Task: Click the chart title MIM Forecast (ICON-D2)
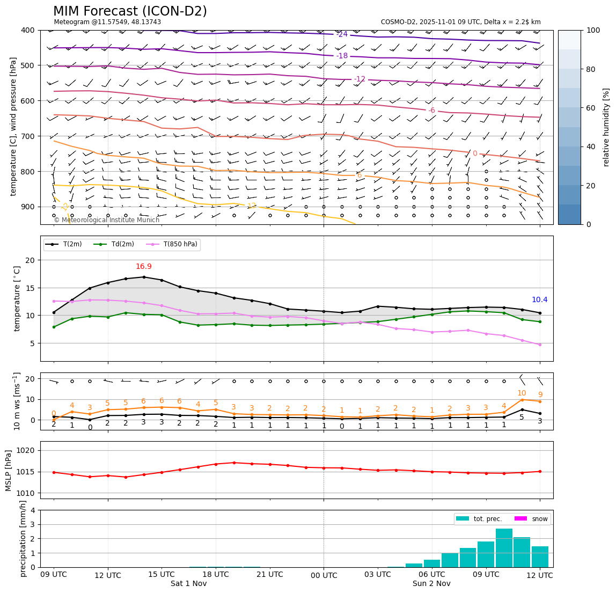(x=130, y=11)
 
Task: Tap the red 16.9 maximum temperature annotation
(x=143, y=267)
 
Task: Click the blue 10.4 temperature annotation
(x=539, y=300)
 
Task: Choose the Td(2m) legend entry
(x=116, y=245)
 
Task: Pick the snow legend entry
(x=532, y=519)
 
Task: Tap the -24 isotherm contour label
(x=342, y=34)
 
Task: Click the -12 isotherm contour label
(x=360, y=79)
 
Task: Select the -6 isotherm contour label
(x=431, y=110)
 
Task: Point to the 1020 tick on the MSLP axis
(x=27, y=450)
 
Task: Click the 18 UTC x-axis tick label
(x=216, y=574)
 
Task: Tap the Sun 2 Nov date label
(x=431, y=583)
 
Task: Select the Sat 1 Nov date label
(x=188, y=583)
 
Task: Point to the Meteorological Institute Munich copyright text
(x=106, y=220)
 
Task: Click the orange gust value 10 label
(x=522, y=393)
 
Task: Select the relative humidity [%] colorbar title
(x=606, y=127)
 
